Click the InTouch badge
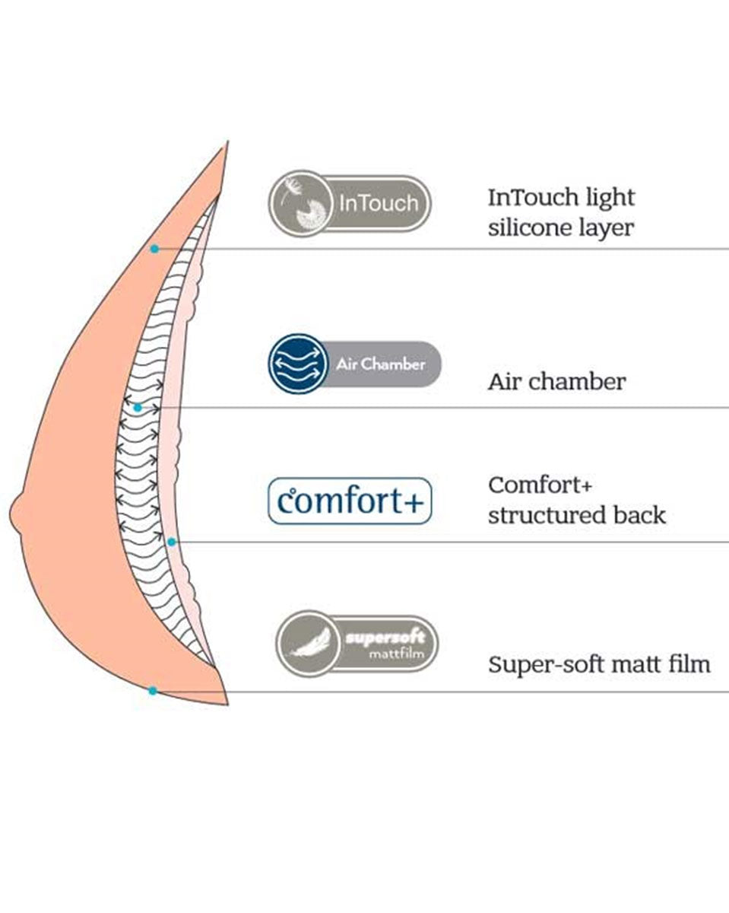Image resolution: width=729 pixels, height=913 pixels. (x=350, y=204)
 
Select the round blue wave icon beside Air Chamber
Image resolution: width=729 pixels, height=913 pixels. (x=293, y=364)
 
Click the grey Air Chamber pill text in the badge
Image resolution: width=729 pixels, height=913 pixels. (x=381, y=364)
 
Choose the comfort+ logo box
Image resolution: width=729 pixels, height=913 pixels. (x=350, y=501)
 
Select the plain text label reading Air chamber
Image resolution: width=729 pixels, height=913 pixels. (x=556, y=381)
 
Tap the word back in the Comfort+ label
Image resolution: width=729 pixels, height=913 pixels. (x=643, y=515)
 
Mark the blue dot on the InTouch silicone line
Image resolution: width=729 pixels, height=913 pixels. (x=154, y=249)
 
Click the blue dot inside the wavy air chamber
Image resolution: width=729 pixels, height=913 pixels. (x=137, y=408)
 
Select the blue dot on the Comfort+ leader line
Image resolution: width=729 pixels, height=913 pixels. (x=172, y=542)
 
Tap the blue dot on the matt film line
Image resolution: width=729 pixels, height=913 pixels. (x=153, y=691)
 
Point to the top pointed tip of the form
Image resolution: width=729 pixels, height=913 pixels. (x=225, y=145)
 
